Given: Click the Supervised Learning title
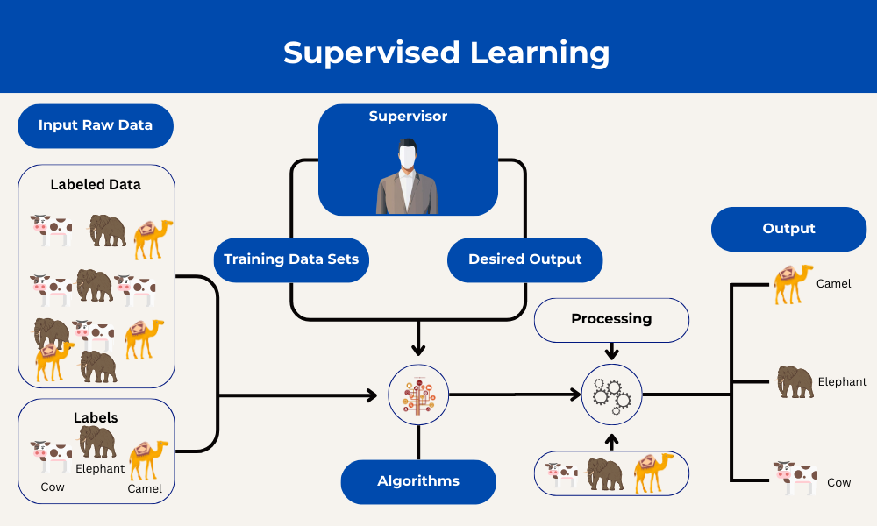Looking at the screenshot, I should pyautogui.click(x=446, y=53).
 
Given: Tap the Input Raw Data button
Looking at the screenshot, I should pyautogui.click(x=96, y=125).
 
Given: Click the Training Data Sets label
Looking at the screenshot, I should pyautogui.click(x=291, y=259).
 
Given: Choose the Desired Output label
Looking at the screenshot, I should pyautogui.click(x=524, y=259).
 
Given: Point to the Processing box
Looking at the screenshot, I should pyautogui.click(x=611, y=319).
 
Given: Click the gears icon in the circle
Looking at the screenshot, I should pyautogui.click(x=612, y=395).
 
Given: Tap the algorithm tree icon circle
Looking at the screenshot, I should pyautogui.click(x=418, y=395).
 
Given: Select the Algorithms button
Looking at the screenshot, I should pyautogui.click(x=418, y=481).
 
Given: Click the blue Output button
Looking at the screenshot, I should pyautogui.click(x=788, y=229).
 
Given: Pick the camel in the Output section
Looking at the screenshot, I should pyautogui.click(x=793, y=283).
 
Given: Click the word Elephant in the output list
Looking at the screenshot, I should pyautogui.click(x=842, y=381).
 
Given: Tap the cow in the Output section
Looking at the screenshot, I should pyautogui.click(x=795, y=478).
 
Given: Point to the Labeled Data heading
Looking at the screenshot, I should pyautogui.click(x=96, y=185).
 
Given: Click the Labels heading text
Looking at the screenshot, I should pyautogui.click(x=96, y=417).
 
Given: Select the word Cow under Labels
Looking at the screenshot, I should pyautogui.click(x=53, y=487).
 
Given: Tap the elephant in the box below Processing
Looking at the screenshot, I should pyautogui.click(x=605, y=474).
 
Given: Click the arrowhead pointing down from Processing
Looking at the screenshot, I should pyautogui.click(x=612, y=353).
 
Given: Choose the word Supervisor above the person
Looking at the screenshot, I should pyautogui.click(x=408, y=117).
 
